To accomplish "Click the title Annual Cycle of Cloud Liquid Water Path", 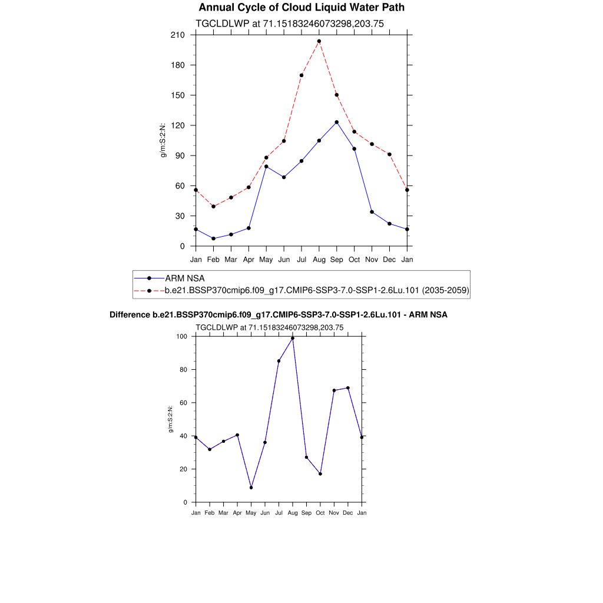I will pos(301,8).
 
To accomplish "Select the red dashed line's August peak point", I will pos(319,41).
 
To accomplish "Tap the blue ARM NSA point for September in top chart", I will pos(337,122).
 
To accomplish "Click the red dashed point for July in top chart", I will pos(301,75).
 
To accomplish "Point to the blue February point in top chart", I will pos(213,238).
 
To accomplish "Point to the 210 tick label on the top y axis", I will pos(177,35).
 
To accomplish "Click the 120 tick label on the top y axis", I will pos(177,125).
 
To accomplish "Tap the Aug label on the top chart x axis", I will pos(319,259).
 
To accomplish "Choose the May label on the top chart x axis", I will pos(266,259).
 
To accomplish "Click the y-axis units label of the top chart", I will pos(164,140).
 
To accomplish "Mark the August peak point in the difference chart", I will pos(293,338).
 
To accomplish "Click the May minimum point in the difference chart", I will pos(251,488).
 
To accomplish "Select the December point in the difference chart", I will pos(348,388).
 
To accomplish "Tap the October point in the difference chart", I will pos(320,474).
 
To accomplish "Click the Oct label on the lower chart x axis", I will pos(320,513).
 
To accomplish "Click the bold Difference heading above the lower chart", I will pos(279,315).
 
